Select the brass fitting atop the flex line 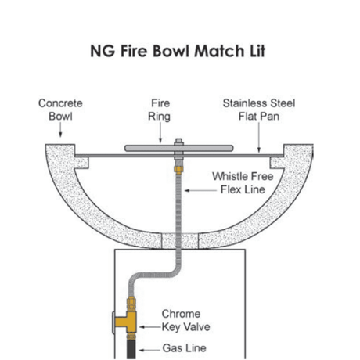point(179,167)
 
